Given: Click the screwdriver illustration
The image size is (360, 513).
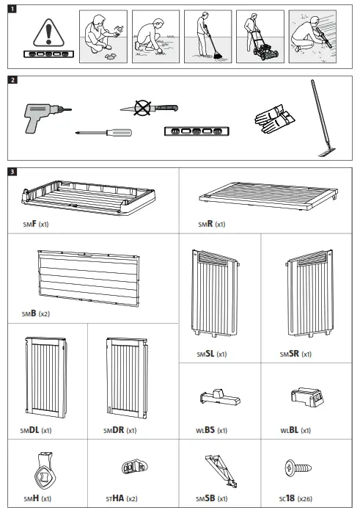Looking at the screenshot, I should pos(104,133).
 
